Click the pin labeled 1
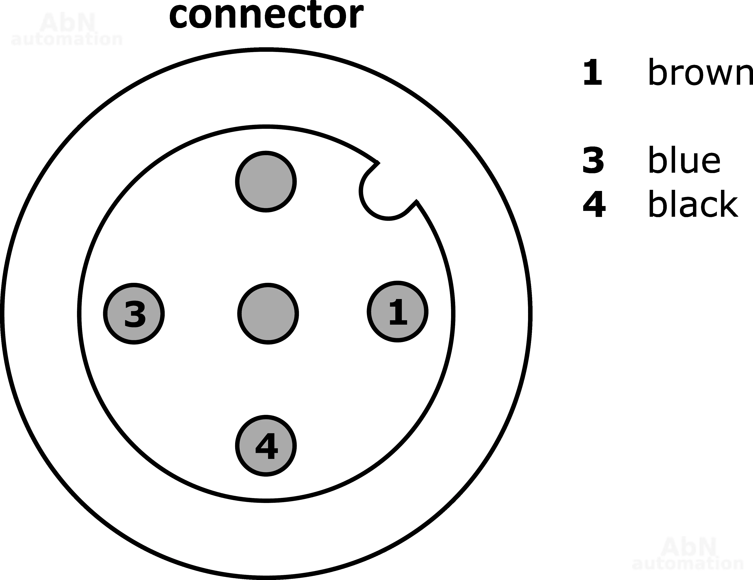(398, 312)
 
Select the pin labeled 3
(134, 314)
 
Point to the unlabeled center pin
(268, 314)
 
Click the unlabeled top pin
(266, 181)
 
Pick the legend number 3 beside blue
(593, 160)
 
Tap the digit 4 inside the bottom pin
(267, 446)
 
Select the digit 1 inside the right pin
(398, 312)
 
